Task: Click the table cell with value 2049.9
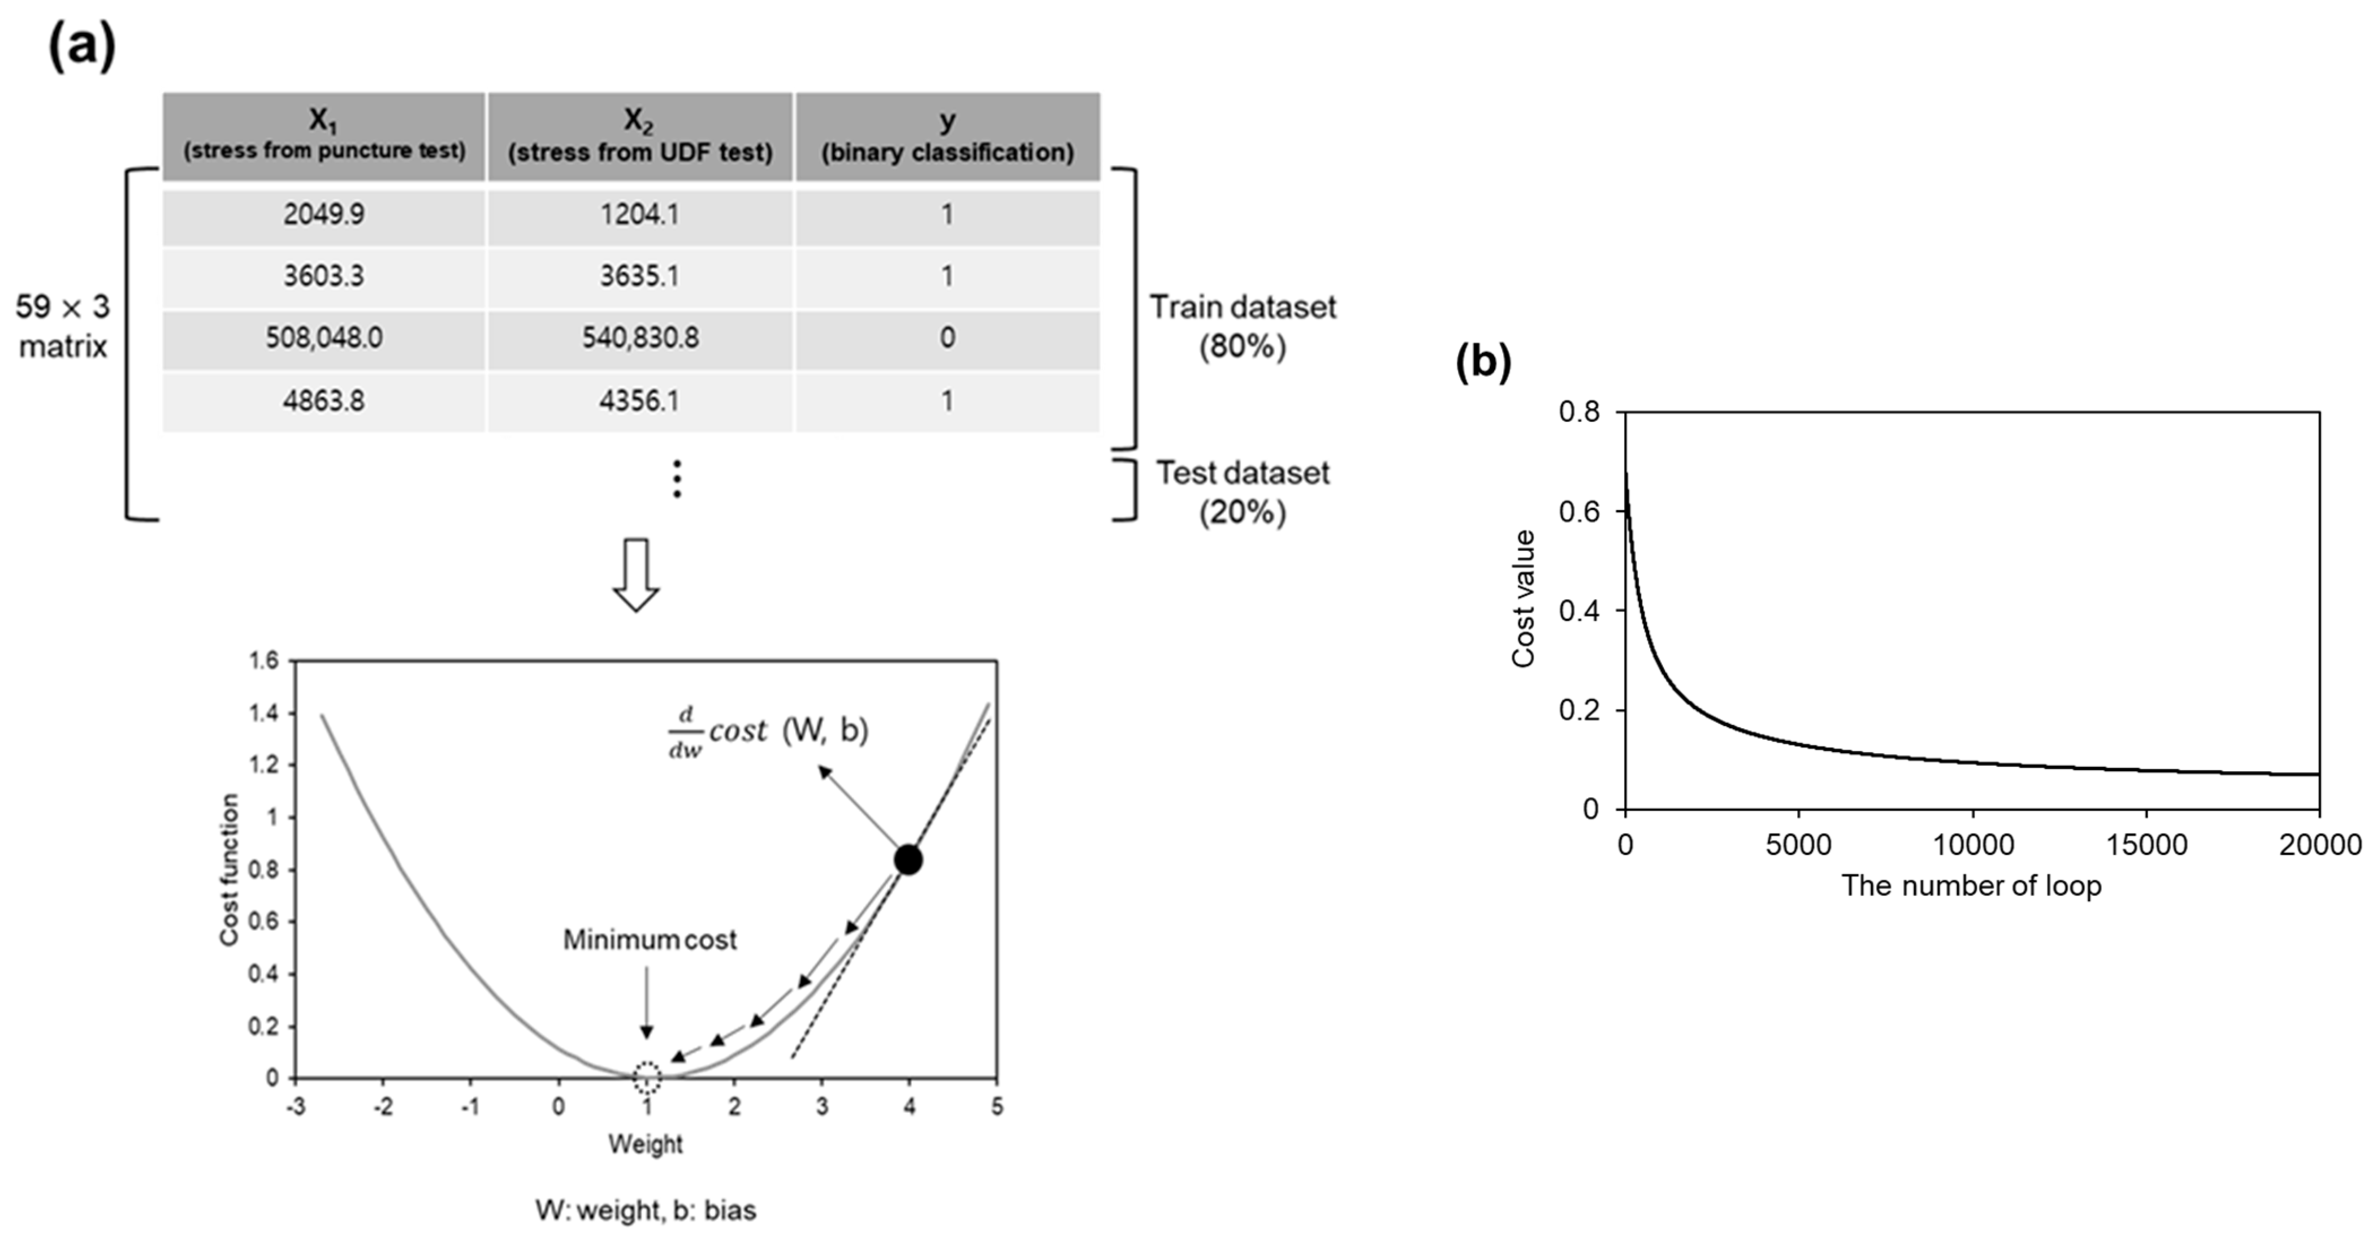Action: [324, 215]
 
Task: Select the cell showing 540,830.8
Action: [640, 338]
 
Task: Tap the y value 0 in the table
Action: [947, 338]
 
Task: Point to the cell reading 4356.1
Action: [640, 400]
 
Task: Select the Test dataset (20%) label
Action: [1241, 492]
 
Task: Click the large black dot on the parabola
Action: [908, 860]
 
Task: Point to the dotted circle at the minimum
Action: [647, 1076]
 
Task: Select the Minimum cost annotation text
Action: [650, 940]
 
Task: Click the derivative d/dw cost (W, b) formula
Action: [767, 732]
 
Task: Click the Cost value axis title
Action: [1523, 598]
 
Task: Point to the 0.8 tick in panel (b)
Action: [1579, 412]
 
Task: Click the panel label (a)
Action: [81, 44]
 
